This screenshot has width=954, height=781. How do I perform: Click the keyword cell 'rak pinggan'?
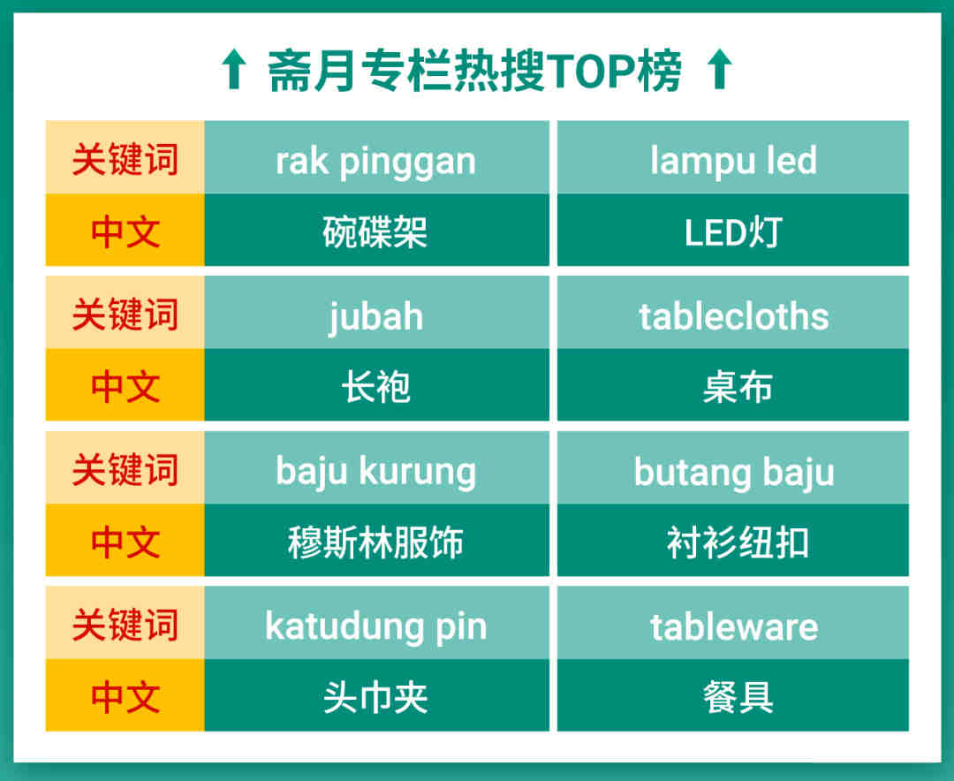click(x=376, y=157)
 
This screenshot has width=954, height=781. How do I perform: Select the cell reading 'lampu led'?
click(x=733, y=157)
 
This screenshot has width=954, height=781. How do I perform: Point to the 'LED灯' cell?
click(x=733, y=230)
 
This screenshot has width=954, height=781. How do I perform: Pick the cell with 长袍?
click(x=376, y=384)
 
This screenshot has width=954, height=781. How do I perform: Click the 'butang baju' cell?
click(x=733, y=467)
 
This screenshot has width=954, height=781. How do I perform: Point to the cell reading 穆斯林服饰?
click(x=376, y=540)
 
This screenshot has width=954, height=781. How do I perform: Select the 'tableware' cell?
click(x=733, y=623)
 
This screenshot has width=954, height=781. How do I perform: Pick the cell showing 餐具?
click(x=733, y=695)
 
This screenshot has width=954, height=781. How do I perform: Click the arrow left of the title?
click(x=233, y=70)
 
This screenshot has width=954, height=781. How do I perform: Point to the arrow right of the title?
click(x=721, y=70)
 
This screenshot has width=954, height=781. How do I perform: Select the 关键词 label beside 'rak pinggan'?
click(x=125, y=159)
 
